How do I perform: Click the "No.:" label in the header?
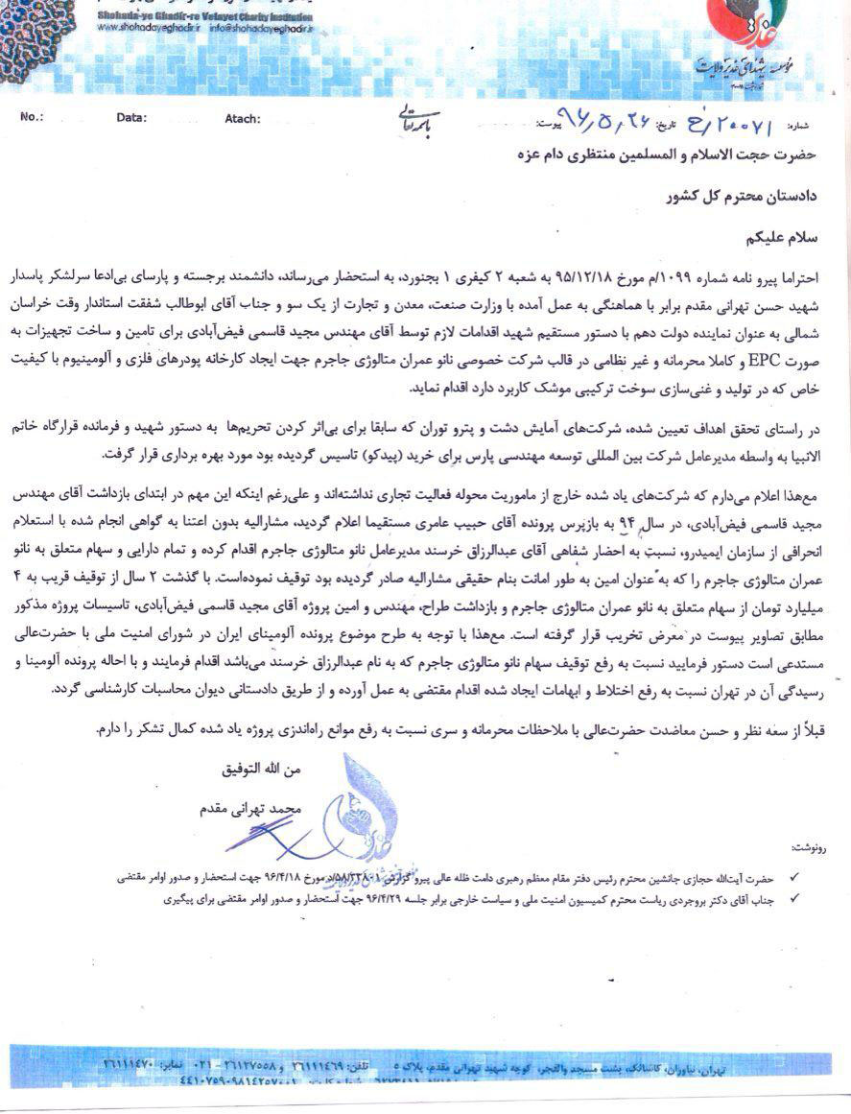coord(32,117)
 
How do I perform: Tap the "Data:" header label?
coord(131,117)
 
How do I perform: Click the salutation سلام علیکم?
coord(784,233)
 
